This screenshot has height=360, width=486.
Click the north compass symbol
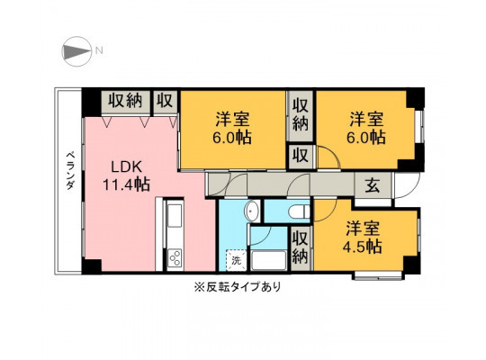pyautogui.click(x=76, y=51)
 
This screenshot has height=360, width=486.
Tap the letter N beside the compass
pyautogui.click(x=99, y=50)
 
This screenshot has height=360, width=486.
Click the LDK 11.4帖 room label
pyautogui.click(x=127, y=176)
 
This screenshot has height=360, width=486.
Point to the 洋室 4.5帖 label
pyautogui.click(x=363, y=238)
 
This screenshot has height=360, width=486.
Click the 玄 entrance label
pyautogui.click(x=373, y=185)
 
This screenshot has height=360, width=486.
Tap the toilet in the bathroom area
pyautogui.click(x=299, y=211)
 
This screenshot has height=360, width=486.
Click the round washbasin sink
pyautogui.click(x=252, y=211)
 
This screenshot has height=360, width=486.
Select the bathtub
pyautogui.click(x=269, y=260)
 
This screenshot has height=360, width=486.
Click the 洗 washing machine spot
pyautogui.click(x=237, y=260)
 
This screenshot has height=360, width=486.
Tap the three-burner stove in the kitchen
pyautogui.click(x=175, y=258)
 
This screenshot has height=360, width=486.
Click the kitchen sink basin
pyautogui.click(x=175, y=216)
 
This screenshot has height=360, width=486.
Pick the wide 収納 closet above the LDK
pyautogui.click(x=125, y=101)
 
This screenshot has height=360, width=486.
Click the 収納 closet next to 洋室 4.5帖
pyautogui.click(x=300, y=247)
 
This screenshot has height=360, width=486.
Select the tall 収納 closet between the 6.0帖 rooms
pyautogui.click(x=301, y=114)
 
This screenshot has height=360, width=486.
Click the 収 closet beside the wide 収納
pyautogui.click(x=165, y=101)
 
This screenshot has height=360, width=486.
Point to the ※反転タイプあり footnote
pyautogui.click(x=238, y=287)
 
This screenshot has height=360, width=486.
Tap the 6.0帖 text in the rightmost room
pyautogui.click(x=365, y=137)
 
